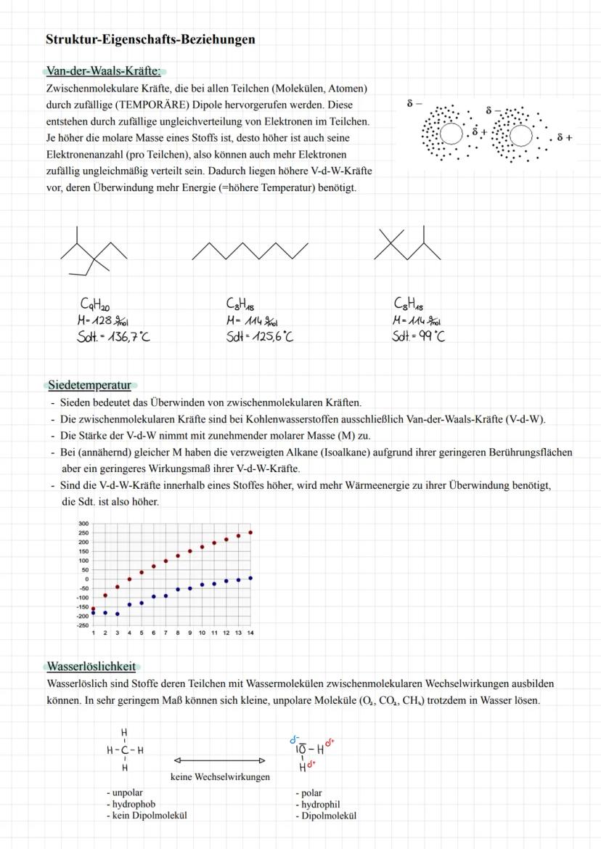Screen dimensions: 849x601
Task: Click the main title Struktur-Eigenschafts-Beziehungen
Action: pos(150,39)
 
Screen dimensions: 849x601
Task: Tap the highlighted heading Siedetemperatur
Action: pos(89,385)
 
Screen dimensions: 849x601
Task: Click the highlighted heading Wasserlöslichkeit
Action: pos(91,666)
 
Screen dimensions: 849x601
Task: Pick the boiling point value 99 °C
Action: pos(429,336)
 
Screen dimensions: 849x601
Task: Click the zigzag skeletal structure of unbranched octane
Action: pos(250,251)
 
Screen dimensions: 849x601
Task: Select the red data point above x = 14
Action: pos(250,532)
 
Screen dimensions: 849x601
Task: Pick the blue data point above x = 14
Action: pos(250,578)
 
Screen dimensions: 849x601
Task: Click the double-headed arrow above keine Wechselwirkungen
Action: pos(220,761)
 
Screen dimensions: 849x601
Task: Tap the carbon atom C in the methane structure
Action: pos(124,750)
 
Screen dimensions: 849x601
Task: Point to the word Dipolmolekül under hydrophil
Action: pos(329,815)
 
